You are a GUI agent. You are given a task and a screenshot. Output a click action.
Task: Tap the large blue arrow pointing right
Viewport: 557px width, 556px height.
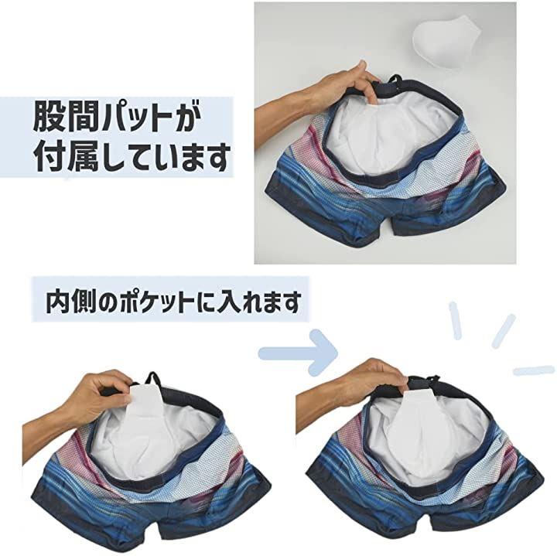coord(299,352)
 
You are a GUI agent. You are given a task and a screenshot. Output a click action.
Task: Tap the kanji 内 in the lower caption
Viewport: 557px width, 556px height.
coord(57,302)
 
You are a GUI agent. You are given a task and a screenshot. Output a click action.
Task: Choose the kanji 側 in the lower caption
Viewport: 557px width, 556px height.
coord(83,302)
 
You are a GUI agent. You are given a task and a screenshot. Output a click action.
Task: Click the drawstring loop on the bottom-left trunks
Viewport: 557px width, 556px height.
coord(153,380)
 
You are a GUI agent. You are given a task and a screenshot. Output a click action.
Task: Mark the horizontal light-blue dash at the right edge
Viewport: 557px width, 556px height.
coord(534,370)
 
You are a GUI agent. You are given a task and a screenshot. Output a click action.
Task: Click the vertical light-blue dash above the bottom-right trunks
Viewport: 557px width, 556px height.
coord(455,321)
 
